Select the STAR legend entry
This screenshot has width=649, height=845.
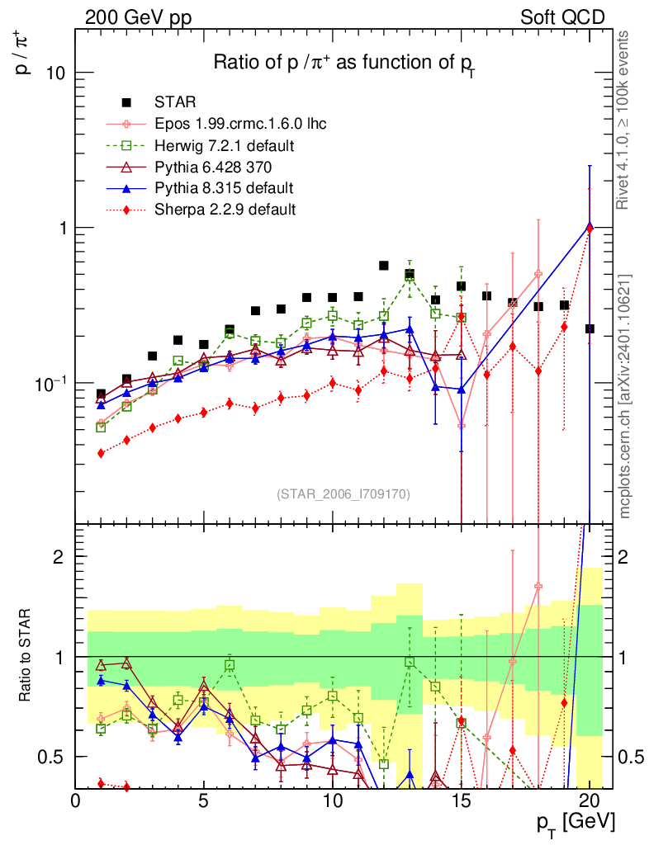[175, 102]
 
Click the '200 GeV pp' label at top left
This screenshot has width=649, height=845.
[133, 17]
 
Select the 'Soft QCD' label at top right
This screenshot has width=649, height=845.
[562, 17]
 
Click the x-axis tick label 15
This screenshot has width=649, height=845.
[461, 800]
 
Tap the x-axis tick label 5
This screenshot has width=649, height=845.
[204, 800]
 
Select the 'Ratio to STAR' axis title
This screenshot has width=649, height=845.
[26, 655]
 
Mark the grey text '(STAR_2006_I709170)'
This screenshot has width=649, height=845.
[344, 493]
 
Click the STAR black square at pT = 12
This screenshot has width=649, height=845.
[384, 266]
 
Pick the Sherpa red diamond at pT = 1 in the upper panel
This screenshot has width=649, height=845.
[101, 453]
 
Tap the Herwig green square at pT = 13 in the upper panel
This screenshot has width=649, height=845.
[410, 276]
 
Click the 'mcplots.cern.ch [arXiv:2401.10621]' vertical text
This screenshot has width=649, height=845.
[627, 395]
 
